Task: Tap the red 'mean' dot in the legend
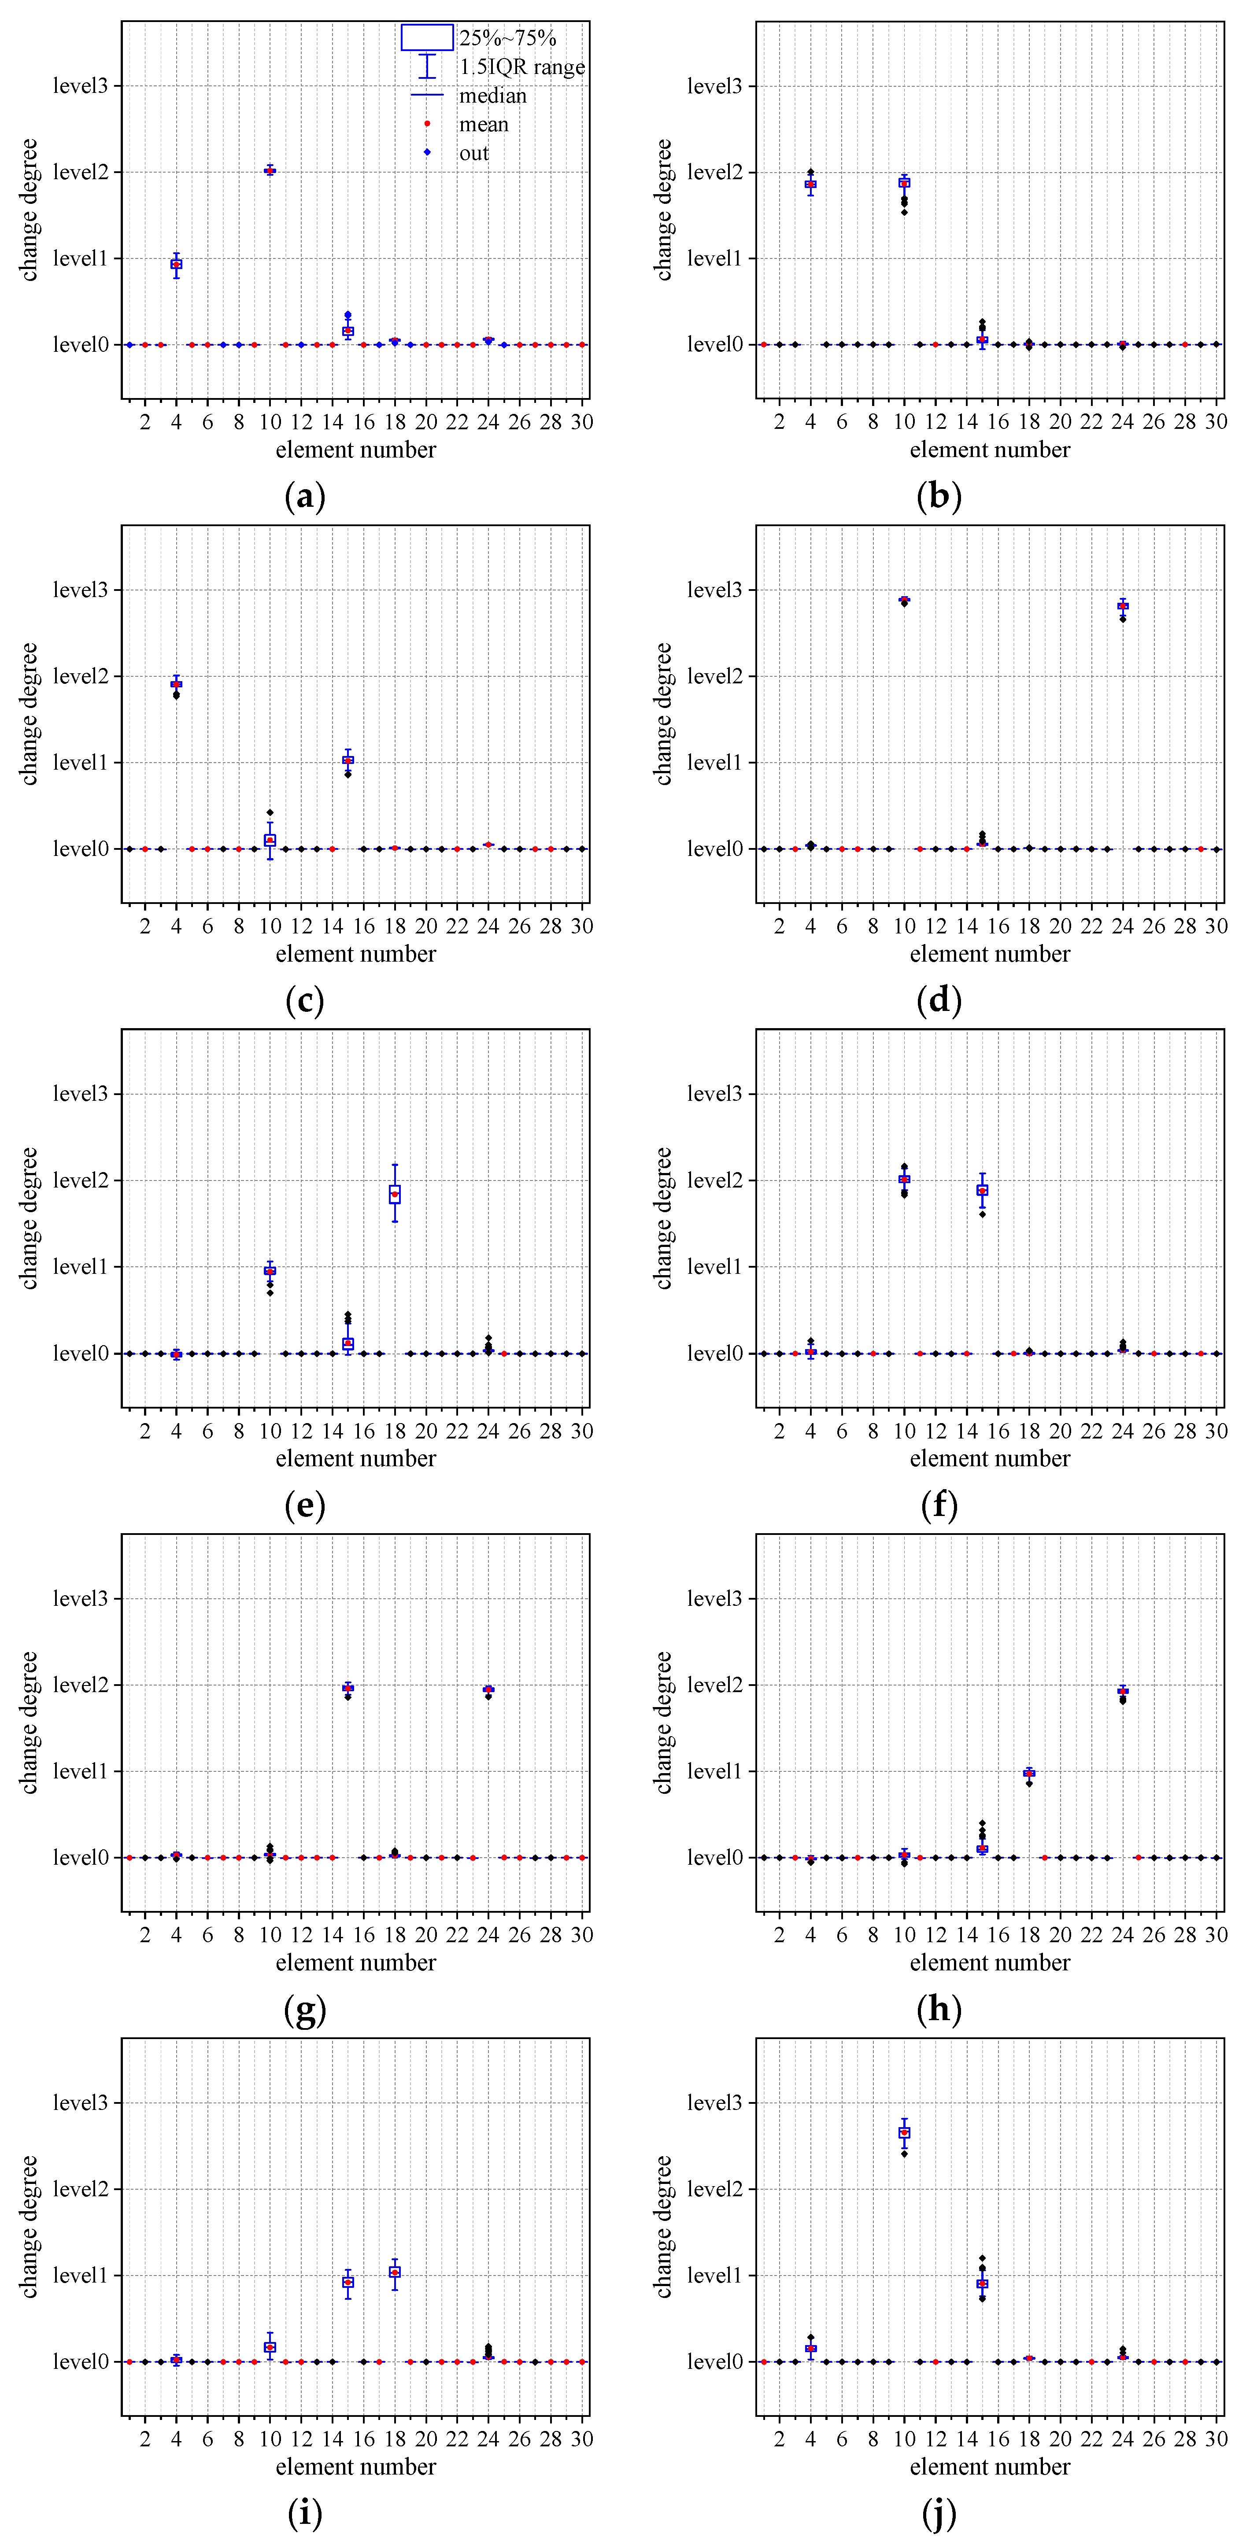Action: [x=427, y=123]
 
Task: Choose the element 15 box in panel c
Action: [x=348, y=760]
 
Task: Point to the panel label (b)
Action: [x=939, y=496]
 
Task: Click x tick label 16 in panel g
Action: [x=364, y=1934]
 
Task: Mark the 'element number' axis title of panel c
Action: [x=356, y=955]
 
